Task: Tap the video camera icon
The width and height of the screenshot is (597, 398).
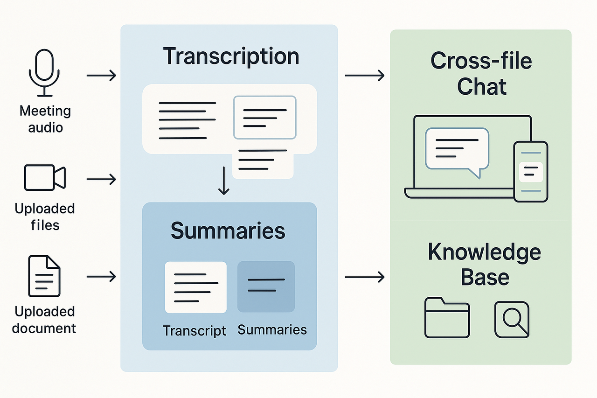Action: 45,177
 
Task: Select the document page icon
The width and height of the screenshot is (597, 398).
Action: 44,276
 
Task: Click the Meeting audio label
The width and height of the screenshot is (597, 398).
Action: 45,119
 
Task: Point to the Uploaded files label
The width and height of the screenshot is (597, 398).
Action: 45,216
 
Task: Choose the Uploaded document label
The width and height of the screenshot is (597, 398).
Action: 44,320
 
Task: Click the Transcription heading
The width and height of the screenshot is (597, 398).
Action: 231,56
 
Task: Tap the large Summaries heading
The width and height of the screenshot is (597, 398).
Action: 228,230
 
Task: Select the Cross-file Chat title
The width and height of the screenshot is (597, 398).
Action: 481,74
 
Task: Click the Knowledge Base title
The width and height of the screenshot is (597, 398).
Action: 484,265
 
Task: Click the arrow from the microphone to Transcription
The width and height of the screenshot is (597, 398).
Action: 101,75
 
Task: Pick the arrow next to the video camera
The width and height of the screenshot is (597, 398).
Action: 101,178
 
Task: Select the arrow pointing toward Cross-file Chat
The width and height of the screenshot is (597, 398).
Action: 364,75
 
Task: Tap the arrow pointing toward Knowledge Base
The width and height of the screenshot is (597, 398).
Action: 364,277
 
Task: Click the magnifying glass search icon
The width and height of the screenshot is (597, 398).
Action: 512,320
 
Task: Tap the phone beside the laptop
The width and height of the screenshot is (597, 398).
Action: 530,171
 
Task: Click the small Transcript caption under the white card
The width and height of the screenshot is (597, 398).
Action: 194,330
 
